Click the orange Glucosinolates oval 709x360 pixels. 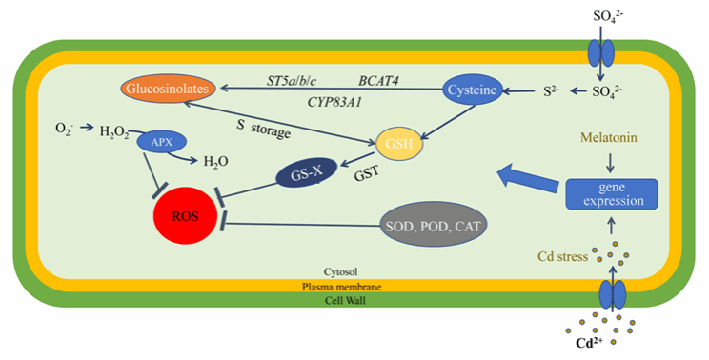[168, 88]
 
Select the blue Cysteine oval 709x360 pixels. [472, 90]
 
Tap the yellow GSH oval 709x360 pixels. [399, 144]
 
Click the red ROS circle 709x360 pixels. [185, 216]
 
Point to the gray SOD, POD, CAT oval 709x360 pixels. [434, 225]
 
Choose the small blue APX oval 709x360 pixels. [161, 142]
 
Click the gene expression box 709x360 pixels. [613, 193]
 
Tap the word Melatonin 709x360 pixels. [609, 137]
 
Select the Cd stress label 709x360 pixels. [562, 256]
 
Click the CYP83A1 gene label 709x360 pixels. [334, 103]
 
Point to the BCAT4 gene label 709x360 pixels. [378, 81]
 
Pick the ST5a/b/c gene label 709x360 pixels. [292, 81]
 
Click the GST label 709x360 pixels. [367, 174]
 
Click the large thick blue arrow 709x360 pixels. [528, 179]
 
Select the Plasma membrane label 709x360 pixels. [341, 287]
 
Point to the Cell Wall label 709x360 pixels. [346, 300]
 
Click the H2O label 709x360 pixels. [215, 161]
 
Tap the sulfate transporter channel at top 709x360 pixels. [601, 52]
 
